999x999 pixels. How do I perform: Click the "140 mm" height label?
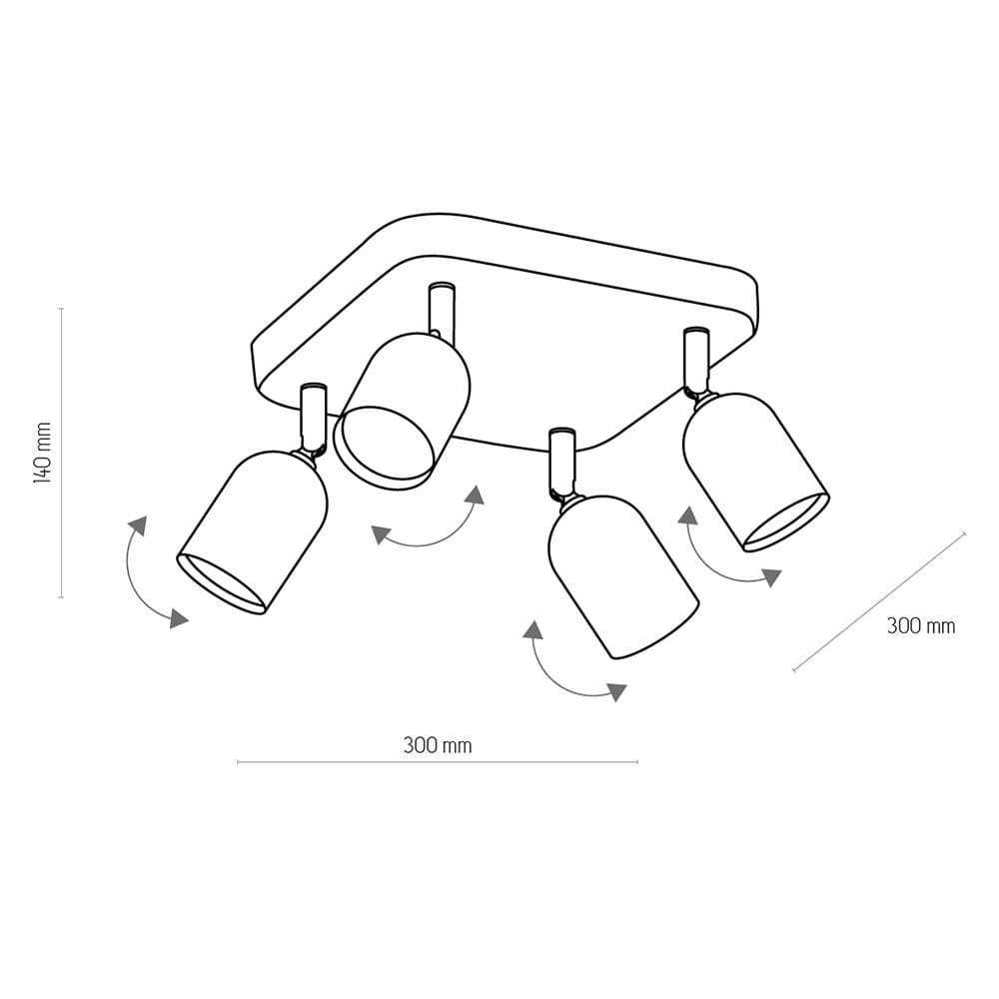pos(42,453)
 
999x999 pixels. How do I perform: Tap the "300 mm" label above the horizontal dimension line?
pos(438,745)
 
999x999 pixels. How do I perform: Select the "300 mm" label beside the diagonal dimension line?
pos(921,626)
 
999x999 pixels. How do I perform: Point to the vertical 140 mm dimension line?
pos(61,453)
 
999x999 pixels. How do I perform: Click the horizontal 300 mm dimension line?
pos(438,761)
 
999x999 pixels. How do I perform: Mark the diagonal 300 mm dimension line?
pos(879,601)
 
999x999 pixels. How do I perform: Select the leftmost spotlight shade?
pos(253,532)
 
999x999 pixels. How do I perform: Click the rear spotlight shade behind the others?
pos(403,411)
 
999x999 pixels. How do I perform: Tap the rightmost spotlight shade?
pos(755,472)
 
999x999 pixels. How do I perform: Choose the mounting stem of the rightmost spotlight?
pos(695,360)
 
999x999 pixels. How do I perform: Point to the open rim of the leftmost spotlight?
pos(221,584)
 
